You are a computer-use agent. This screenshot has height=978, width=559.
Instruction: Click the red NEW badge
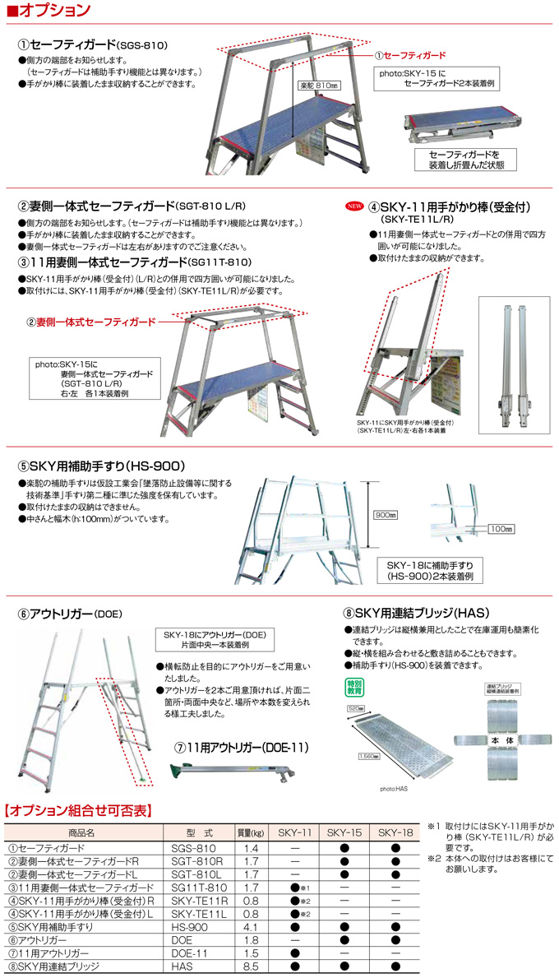point(353,206)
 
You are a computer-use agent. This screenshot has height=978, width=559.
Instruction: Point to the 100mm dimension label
point(500,529)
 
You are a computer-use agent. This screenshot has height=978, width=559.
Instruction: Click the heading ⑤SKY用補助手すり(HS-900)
point(105,465)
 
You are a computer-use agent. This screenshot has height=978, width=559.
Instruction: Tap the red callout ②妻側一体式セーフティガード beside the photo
point(91,322)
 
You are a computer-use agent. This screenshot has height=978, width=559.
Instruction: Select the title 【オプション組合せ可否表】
point(79,810)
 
